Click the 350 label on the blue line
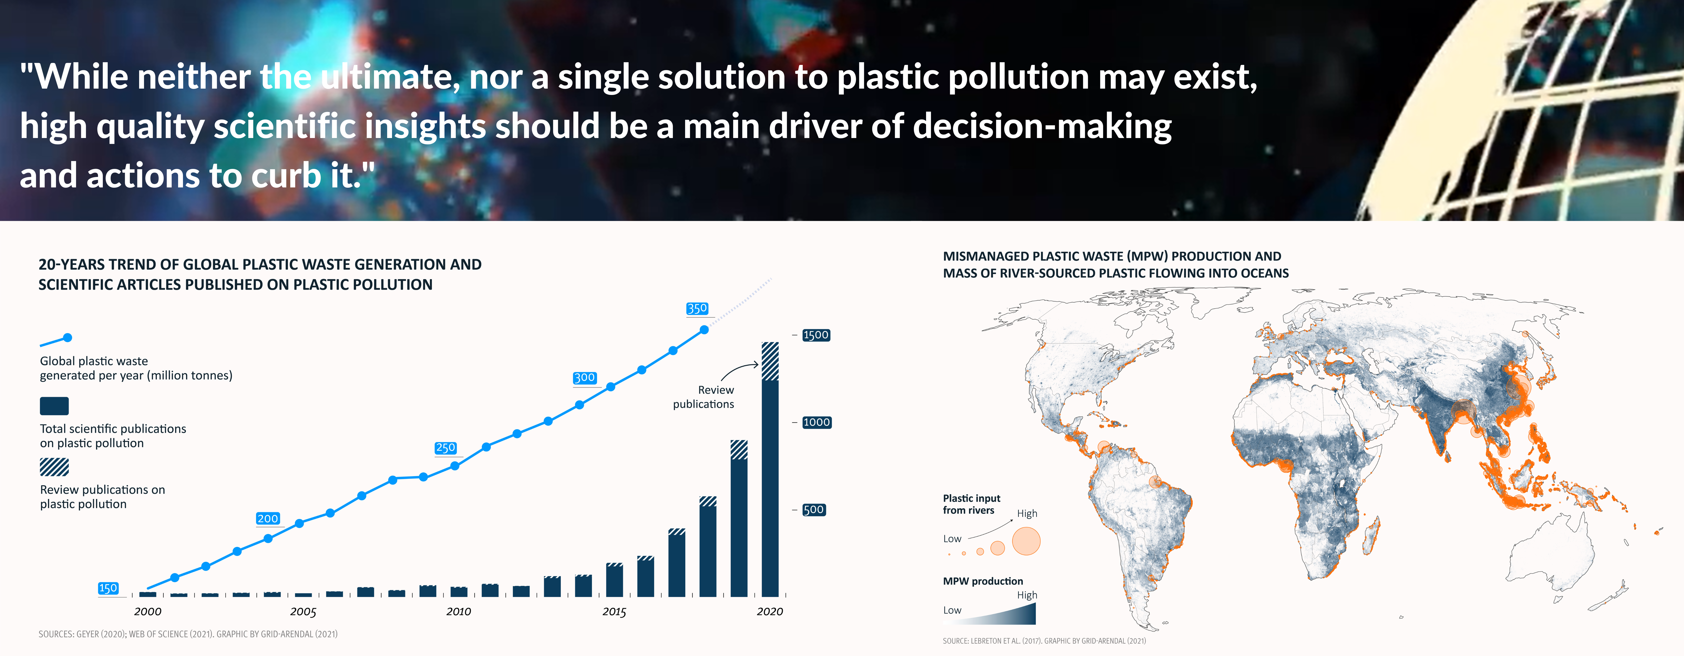(x=697, y=308)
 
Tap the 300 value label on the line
(x=584, y=378)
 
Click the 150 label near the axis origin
(x=108, y=588)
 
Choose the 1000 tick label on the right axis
(x=816, y=422)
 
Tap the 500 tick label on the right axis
(x=814, y=510)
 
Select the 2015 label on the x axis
(x=614, y=611)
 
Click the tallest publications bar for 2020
(x=770, y=469)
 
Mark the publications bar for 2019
(x=739, y=518)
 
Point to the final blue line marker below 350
(x=704, y=330)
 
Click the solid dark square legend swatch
(x=54, y=406)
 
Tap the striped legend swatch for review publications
(x=54, y=467)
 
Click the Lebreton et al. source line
(x=1044, y=641)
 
